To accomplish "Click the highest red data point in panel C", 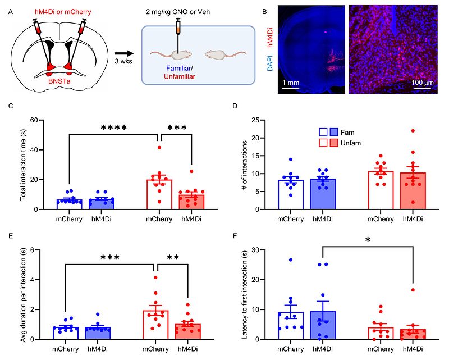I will [159, 147].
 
